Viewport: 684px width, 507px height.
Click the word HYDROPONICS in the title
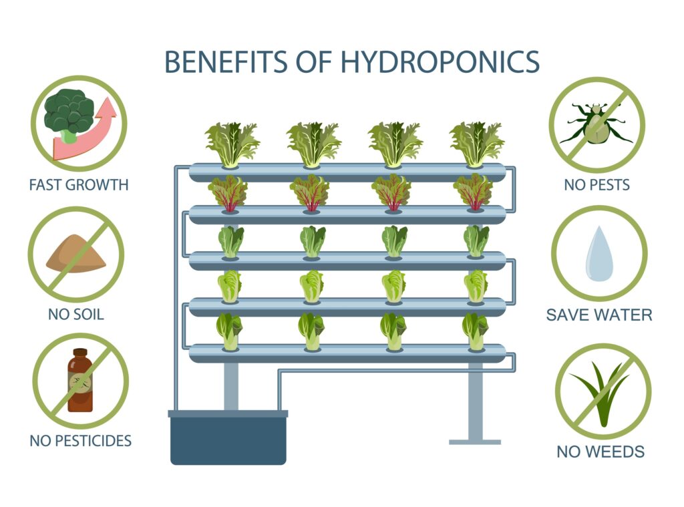(x=440, y=61)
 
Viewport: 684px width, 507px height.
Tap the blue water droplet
(x=598, y=254)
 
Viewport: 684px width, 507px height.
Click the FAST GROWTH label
(x=78, y=185)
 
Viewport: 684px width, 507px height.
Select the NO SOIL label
(x=76, y=313)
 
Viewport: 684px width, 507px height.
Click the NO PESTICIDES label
(x=80, y=441)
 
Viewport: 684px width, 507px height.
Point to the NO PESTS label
(x=596, y=185)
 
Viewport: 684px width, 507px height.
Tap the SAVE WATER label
(x=599, y=315)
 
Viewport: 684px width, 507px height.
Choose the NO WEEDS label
(x=601, y=452)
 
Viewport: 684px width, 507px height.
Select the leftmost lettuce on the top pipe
(x=231, y=143)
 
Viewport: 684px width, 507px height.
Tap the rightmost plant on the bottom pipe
(x=475, y=331)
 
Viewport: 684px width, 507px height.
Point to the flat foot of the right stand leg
(x=474, y=442)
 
